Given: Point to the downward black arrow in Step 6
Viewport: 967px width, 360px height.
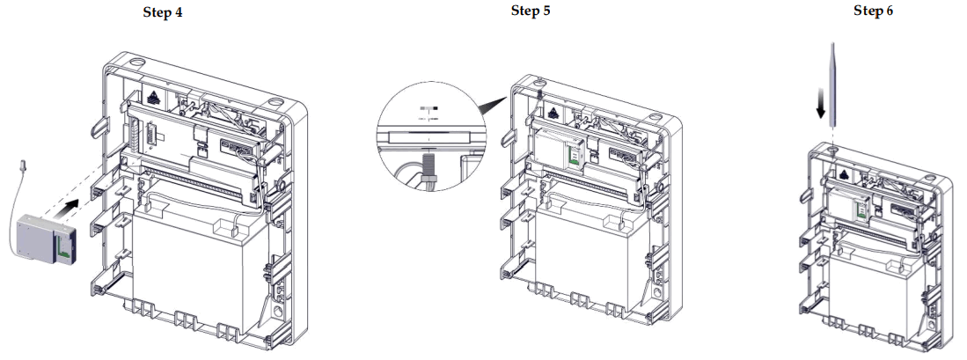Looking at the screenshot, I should (820, 103).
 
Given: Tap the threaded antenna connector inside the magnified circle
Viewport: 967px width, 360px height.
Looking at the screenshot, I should (429, 164).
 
